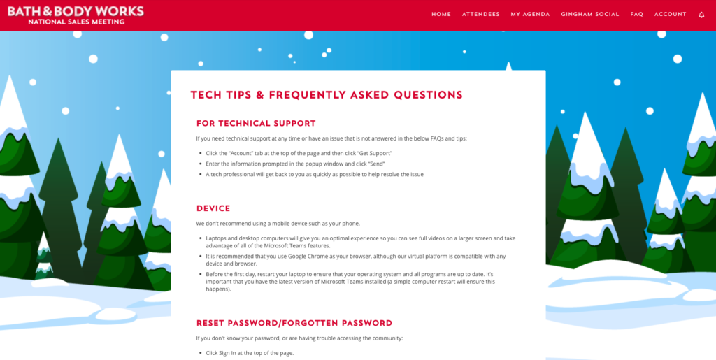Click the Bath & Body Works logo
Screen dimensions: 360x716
[x=76, y=11]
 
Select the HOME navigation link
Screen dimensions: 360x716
[x=441, y=14]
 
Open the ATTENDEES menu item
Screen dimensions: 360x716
[x=480, y=14]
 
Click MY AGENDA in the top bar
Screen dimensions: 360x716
[x=530, y=14]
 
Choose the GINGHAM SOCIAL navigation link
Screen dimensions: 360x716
[x=589, y=14]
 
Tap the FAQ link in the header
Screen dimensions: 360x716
[x=636, y=14]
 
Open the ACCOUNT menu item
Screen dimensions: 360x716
[x=670, y=14]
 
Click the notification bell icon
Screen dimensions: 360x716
[x=701, y=15]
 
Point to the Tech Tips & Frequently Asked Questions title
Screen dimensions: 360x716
[x=327, y=95]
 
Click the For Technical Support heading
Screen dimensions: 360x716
[x=256, y=124]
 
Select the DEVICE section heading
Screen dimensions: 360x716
[x=213, y=208]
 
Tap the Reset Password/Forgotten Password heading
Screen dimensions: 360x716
[x=294, y=323]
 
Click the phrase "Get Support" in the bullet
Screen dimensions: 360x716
[x=375, y=152]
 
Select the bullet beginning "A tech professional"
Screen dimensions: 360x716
[x=315, y=174]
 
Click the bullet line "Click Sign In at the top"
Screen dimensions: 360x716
[x=250, y=353]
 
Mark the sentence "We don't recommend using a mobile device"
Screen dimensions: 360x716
[x=278, y=224]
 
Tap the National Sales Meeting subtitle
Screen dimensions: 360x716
[x=76, y=22]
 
